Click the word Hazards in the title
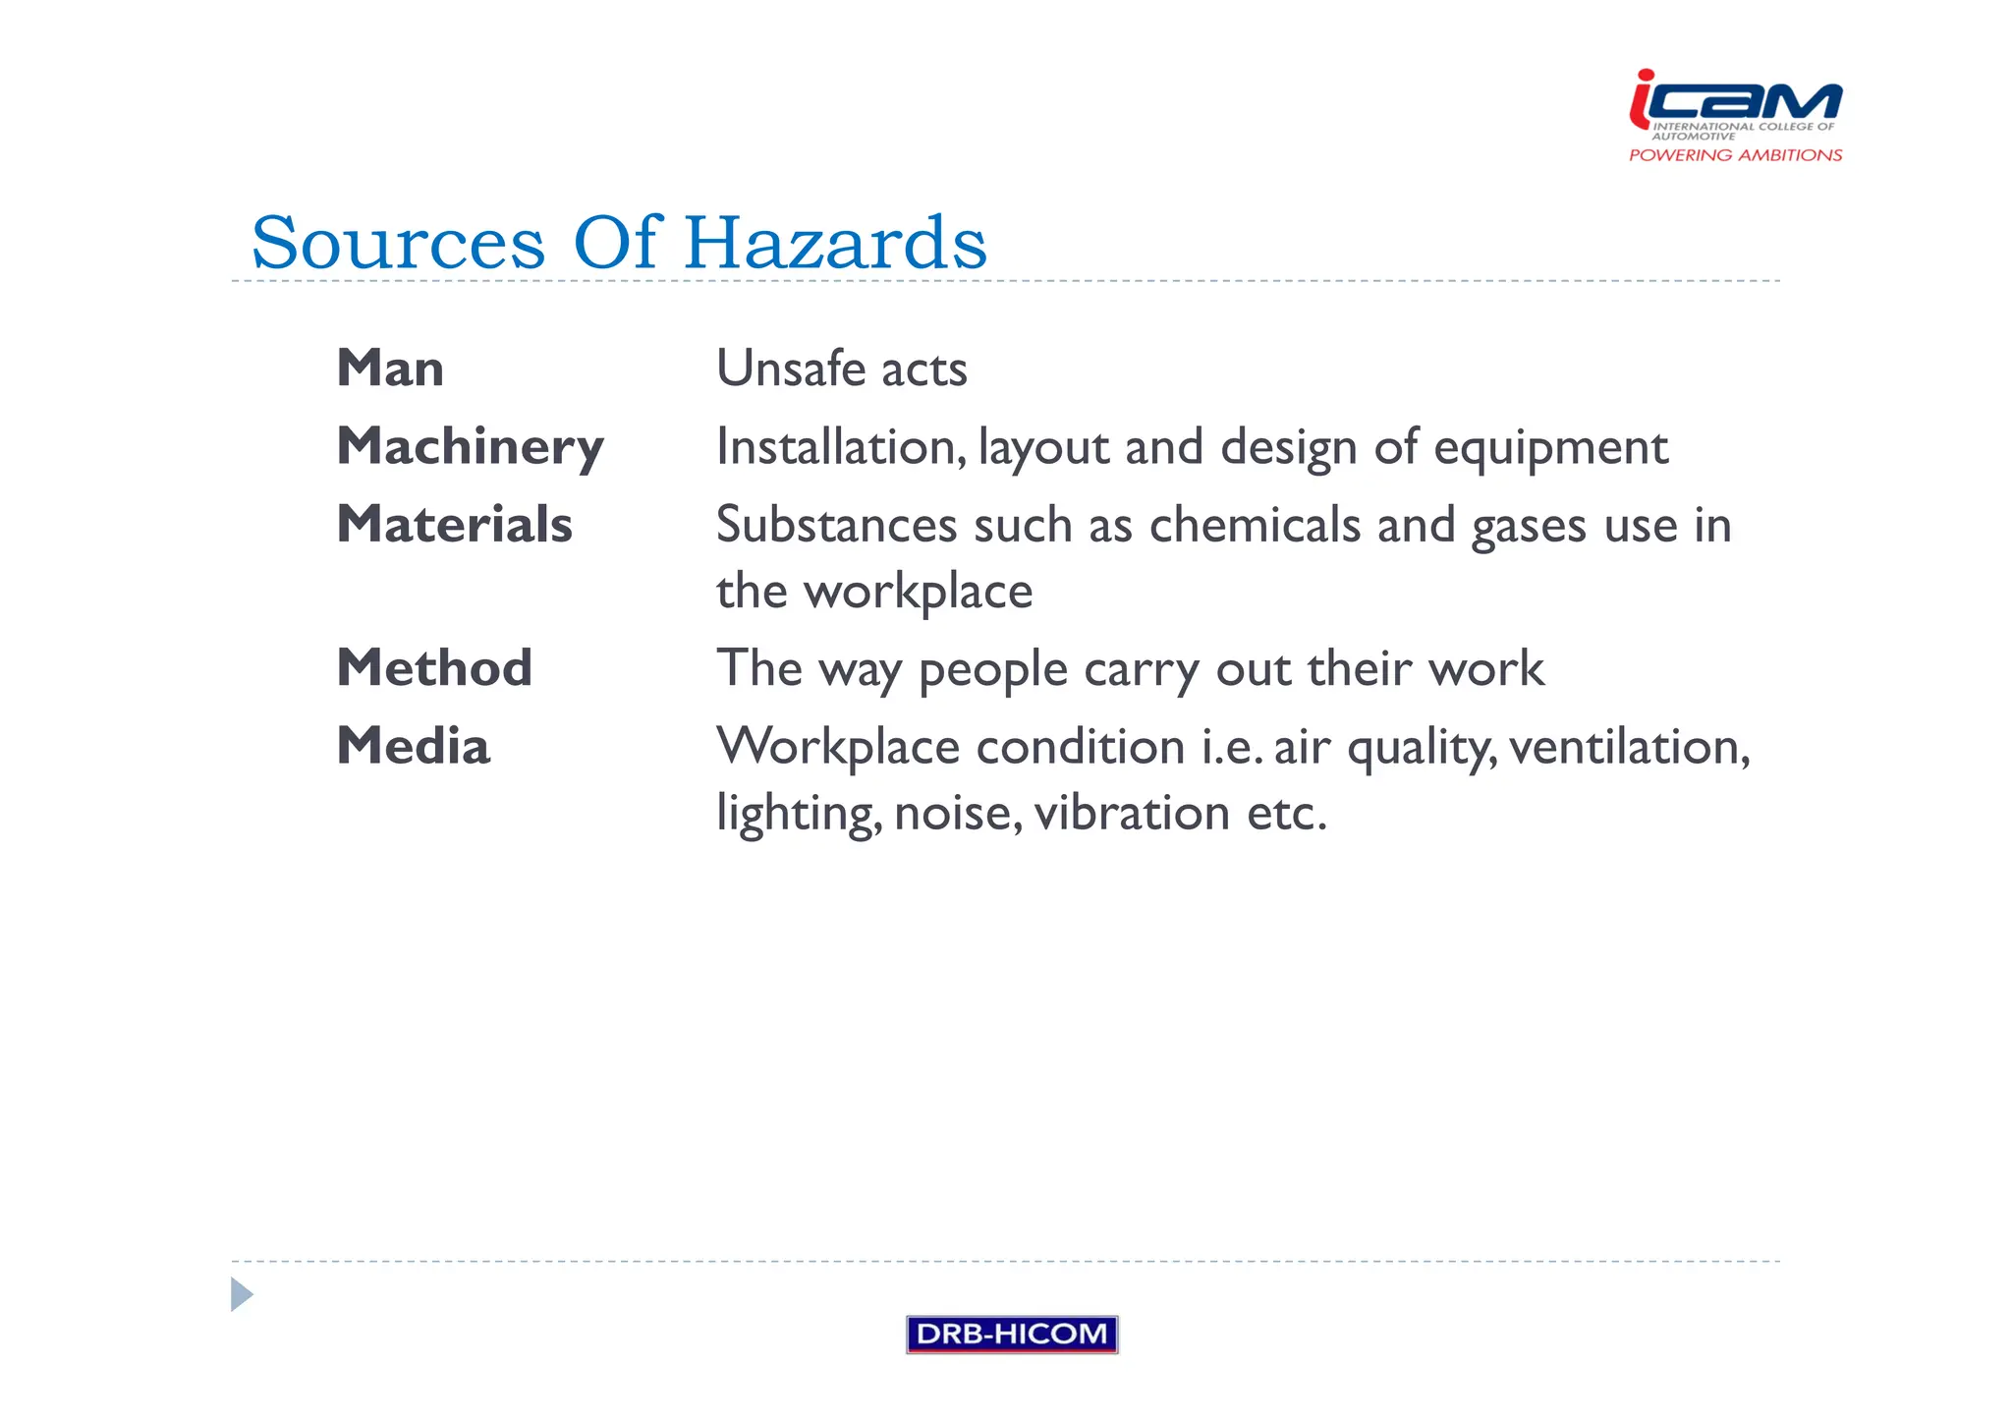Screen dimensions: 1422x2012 [835, 243]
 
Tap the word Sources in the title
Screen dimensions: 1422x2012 [398, 243]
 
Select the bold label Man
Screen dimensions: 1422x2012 [390, 369]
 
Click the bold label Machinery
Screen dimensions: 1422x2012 [470, 447]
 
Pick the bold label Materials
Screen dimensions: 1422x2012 [454, 524]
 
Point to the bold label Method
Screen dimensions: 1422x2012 [434, 668]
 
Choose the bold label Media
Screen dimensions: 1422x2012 [413, 746]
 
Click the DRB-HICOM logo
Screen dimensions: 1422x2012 [1011, 1334]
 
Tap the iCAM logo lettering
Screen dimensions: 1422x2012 [1735, 100]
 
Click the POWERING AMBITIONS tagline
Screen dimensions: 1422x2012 [1735, 155]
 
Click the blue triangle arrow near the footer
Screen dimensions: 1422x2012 [241, 1294]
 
